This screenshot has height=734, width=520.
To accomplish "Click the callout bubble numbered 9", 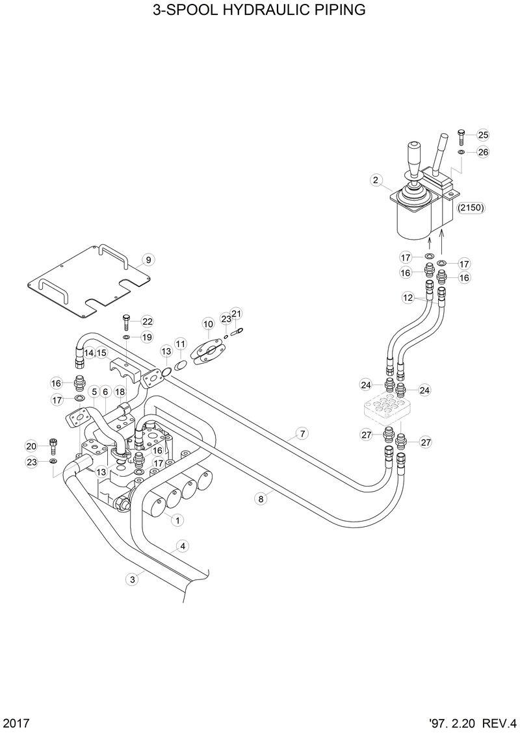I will click(148, 260).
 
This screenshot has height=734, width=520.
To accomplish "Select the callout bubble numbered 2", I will click(375, 180).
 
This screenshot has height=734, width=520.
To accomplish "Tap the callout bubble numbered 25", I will click(482, 135).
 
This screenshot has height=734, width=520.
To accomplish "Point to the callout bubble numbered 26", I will click(482, 153).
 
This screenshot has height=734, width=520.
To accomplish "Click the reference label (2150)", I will click(472, 208).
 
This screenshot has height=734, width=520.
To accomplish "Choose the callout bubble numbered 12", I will click(408, 297).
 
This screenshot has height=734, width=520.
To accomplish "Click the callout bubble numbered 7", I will click(302, 433).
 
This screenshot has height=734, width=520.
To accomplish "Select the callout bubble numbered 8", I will click(261, 499).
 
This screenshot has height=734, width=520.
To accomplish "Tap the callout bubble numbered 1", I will click(176, 519).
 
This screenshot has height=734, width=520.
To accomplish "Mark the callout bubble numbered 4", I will click(183, 546).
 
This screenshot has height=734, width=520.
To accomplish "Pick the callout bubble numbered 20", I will click(31, 446).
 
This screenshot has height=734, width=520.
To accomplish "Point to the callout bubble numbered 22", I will click(148, 322).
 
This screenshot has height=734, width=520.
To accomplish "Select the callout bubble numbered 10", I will click(208, 323).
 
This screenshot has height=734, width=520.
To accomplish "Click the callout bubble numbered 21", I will click(237, 314).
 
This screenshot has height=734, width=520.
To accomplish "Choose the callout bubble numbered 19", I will click(148, 337).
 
